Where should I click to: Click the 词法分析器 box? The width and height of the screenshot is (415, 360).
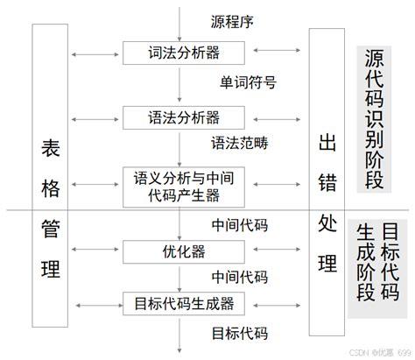(x=179, y=52)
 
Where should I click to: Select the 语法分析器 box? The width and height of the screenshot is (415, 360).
(x=179, y=116)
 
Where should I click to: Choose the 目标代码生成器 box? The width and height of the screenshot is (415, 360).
(x=179, y=303)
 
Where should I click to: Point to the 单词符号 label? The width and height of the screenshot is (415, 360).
(x=249, y=83)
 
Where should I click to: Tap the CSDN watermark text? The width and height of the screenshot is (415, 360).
(x=371, y=352)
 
